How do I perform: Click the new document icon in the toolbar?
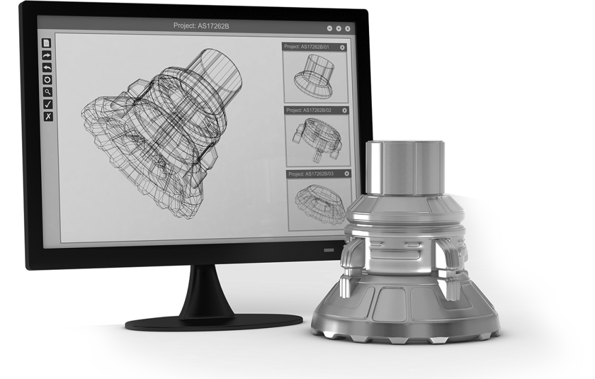[48, 43]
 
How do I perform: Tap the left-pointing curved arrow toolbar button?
[48, 67]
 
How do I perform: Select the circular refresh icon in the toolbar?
[48, 80]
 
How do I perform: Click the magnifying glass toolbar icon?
[48, 92]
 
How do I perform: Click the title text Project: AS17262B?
[198, 26]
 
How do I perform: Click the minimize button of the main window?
[329, 27]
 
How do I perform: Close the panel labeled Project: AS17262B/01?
[342, 47]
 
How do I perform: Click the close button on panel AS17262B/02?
[344, 110]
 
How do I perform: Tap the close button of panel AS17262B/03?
[347, 173]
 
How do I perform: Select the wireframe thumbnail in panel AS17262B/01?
[314, 75]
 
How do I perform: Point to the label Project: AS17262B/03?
[312, 173]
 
